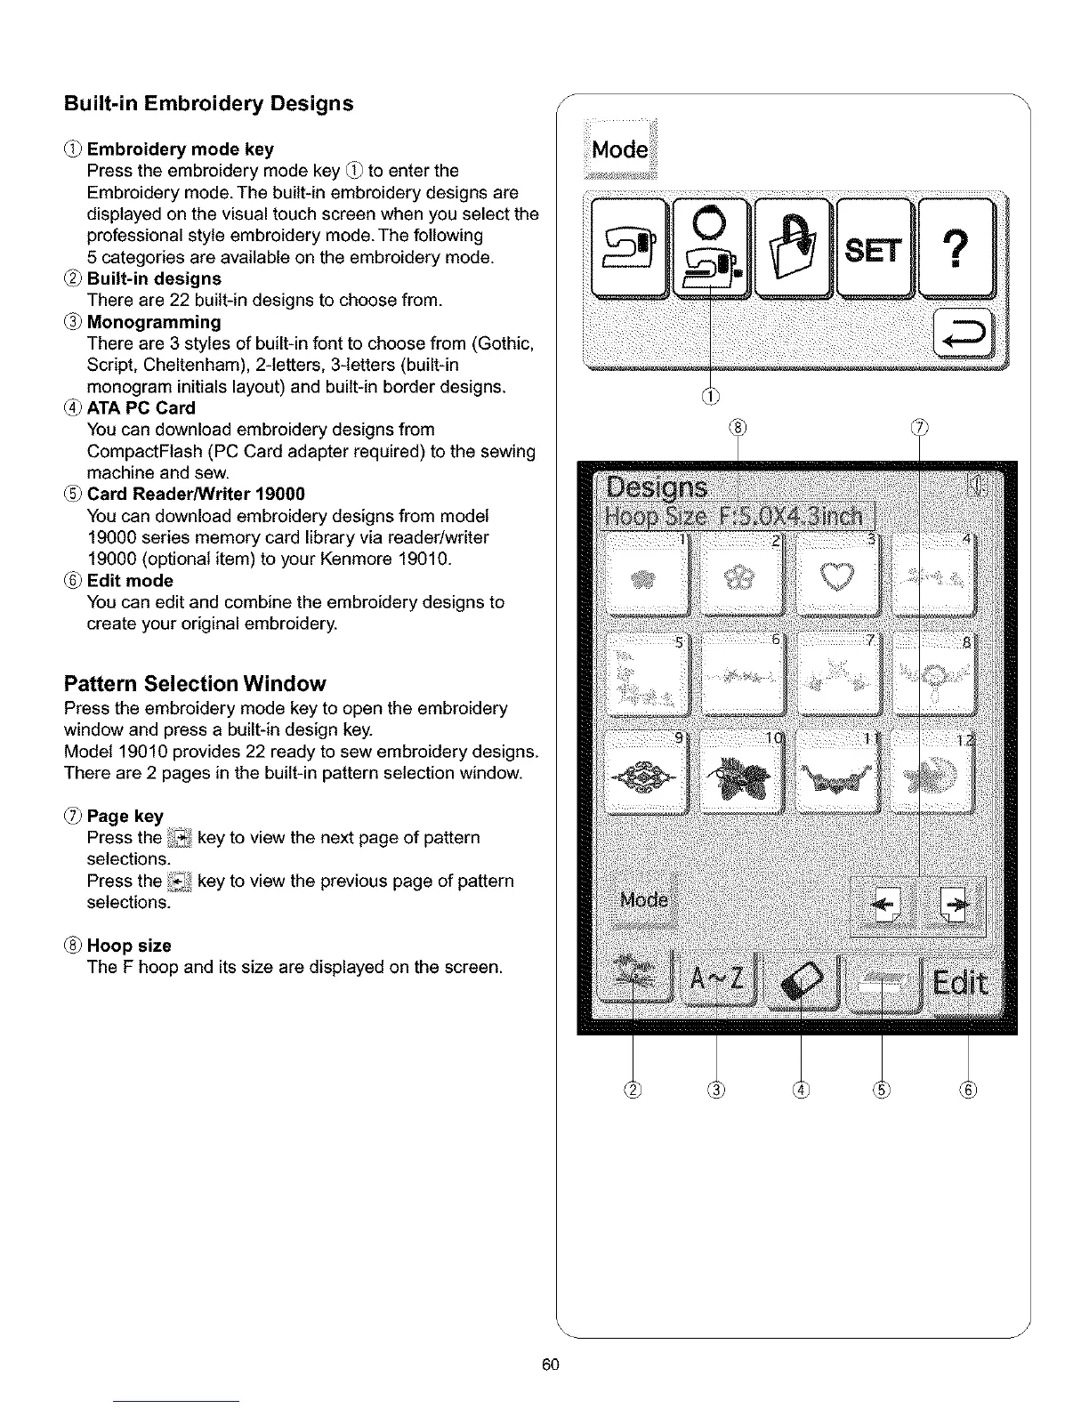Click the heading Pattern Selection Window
(x=195, y=684)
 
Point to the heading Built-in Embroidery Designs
(x=208, y=103)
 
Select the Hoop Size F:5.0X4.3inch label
(x=737, y=517)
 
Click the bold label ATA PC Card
(x=141, y=408)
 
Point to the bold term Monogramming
(x=153, y=322)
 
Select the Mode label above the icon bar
(x=619, y=149)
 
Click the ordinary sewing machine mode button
(x=627, y=250)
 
